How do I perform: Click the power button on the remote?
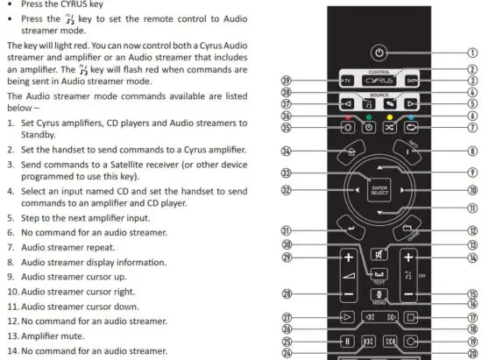pos(378,51)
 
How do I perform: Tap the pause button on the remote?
pos(346,342)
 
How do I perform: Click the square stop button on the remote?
pos(413,319)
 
